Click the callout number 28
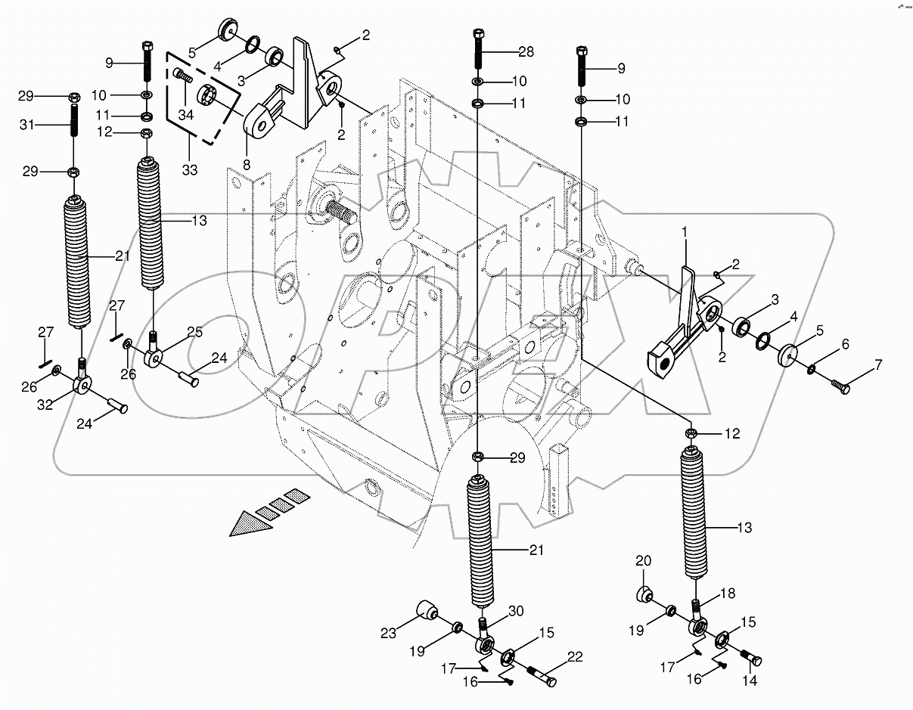point(526,52)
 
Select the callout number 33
point(189,171)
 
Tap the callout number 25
point(194,333)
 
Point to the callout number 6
point(844,345)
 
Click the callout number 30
point(515,612)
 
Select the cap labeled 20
point(645,594)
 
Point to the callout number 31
point(26,124)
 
